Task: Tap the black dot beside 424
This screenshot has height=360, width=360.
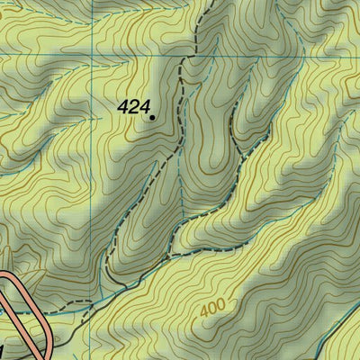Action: [x=152, y=116]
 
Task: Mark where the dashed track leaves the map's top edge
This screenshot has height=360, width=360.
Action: [x=199, y=2]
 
